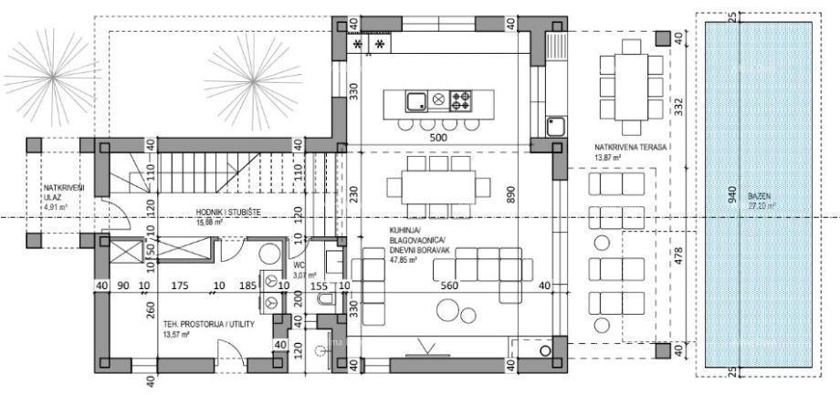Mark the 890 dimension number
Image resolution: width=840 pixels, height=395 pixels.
[x=512, y=194]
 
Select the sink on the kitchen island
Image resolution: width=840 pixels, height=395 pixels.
[x=415, y=99]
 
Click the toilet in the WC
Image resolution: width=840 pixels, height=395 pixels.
[x=268, y=254]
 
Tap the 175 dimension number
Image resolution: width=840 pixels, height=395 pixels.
[x=179, y=286]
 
